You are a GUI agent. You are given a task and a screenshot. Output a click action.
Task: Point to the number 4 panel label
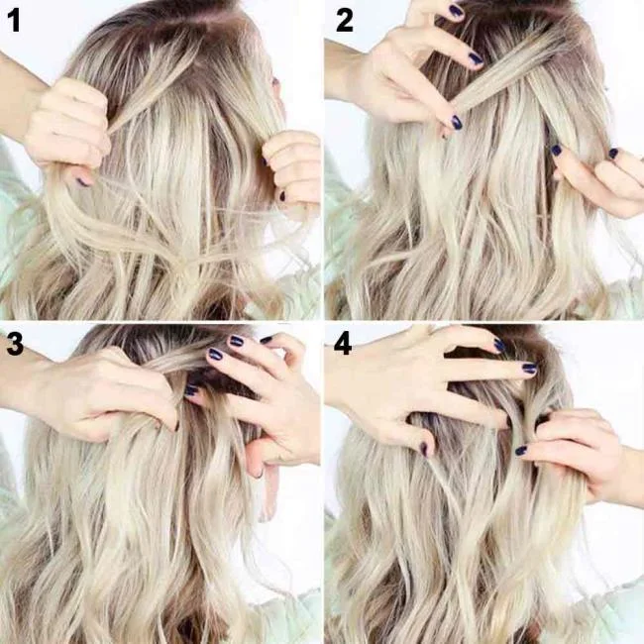343,343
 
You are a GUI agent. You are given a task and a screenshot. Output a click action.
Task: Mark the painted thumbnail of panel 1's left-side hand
82,181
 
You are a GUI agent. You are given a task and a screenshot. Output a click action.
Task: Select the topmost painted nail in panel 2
456,11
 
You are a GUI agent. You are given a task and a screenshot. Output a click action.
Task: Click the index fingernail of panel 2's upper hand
476,58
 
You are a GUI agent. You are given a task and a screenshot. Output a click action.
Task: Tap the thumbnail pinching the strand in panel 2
457,122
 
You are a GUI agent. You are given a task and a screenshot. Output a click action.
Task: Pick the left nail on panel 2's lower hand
556,150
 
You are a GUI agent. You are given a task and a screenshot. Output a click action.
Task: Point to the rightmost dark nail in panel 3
266,340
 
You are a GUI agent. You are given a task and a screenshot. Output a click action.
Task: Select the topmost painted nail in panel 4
499,345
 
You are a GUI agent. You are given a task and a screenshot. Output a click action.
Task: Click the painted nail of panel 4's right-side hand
521,450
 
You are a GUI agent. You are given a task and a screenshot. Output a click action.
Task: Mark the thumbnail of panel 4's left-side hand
425,448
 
